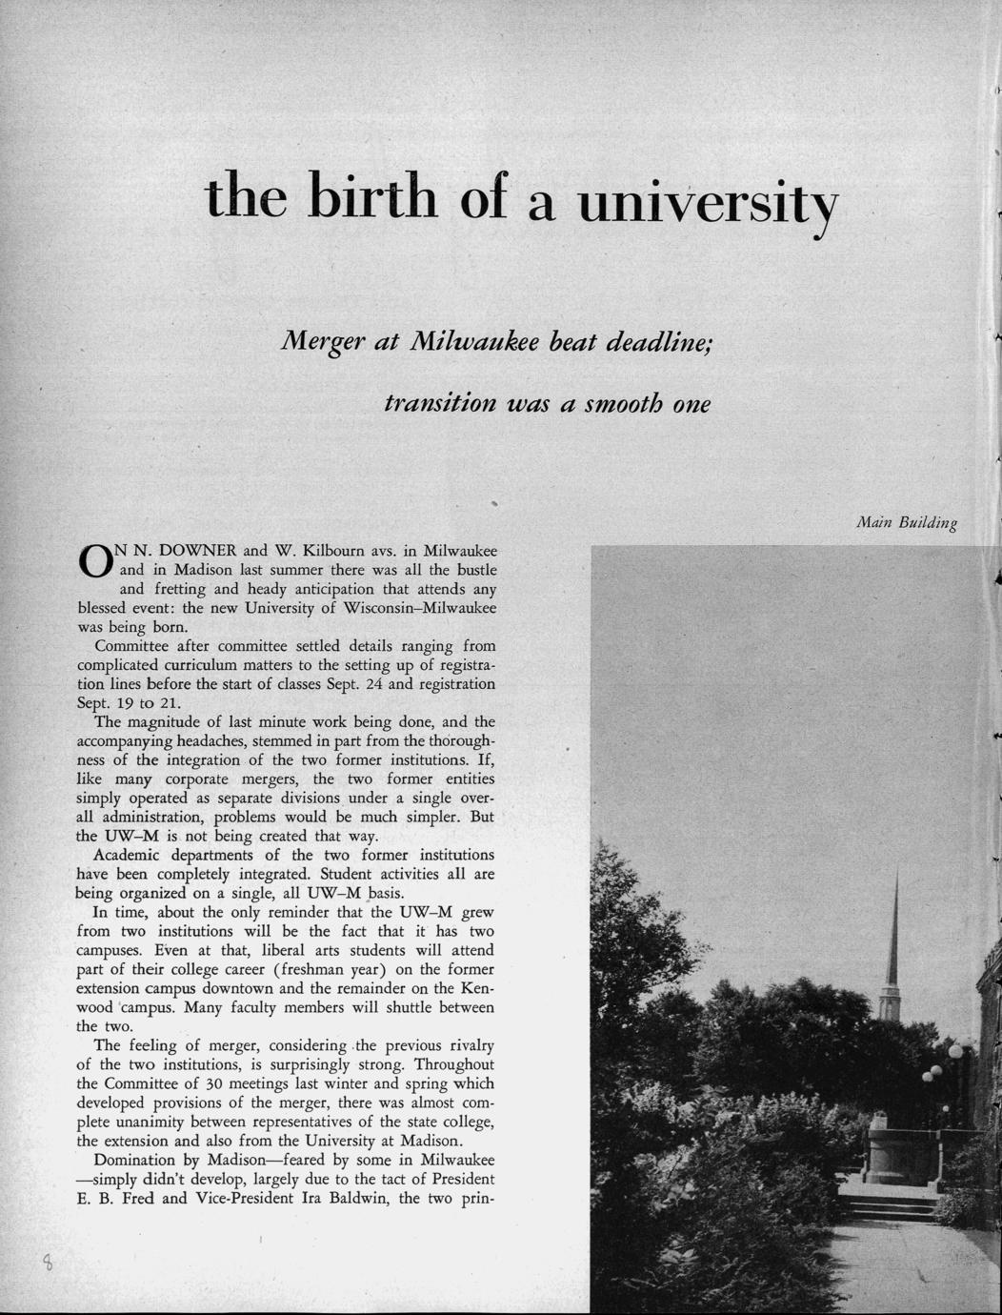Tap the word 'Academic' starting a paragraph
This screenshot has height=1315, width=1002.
coord(126,855)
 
